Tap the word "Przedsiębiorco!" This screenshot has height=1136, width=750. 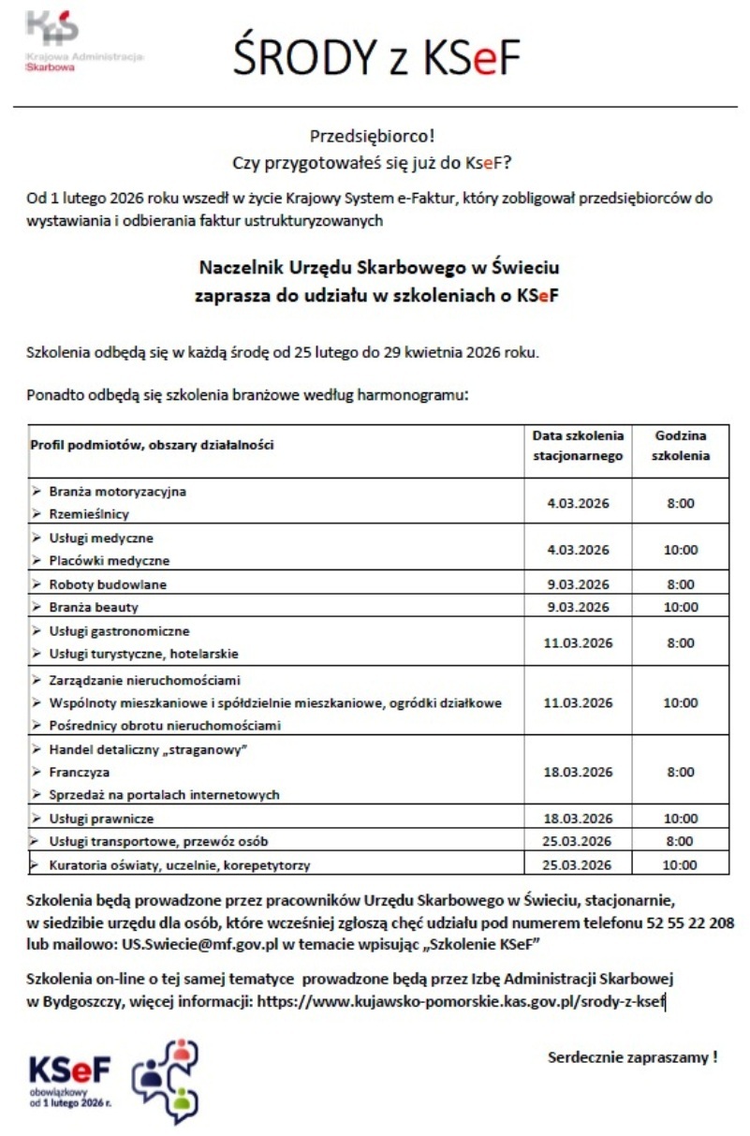tap(372, 137)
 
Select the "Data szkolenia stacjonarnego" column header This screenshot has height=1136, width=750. tap(578, 446)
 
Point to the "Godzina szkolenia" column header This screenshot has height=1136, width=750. tap(680, 446)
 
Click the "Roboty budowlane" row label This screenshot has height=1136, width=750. tap(109, 584)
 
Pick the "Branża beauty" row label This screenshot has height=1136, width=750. tap(94, 608)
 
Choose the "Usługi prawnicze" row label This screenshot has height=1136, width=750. tap(101, 819)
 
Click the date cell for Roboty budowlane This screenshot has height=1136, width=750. tap(578, 584)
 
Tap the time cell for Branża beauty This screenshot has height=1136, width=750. tap(680, 608)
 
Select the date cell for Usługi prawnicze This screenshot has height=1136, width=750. tap(578, 819)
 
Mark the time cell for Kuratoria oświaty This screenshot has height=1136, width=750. tap(680, 865)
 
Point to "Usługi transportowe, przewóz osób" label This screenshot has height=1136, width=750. tap(159, 841)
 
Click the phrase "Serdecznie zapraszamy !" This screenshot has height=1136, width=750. tap(632, 1057)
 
